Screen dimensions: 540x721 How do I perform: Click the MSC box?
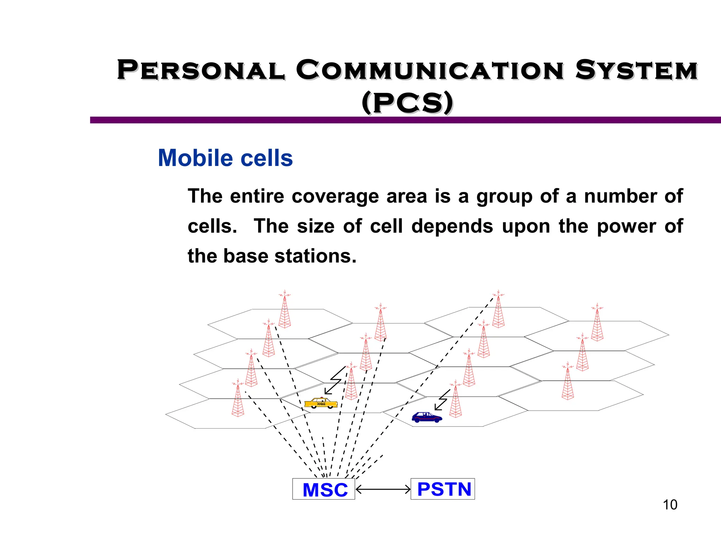coord(324,489)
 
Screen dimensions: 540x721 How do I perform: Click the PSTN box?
coord(443,489)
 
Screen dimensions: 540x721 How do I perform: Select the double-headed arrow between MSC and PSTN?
coord(383,489)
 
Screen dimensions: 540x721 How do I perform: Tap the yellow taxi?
coord(321,403)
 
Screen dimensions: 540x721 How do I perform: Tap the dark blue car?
coord(427,417)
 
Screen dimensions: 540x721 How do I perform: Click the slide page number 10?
coord(670,505)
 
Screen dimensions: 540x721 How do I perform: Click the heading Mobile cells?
coord(225,158)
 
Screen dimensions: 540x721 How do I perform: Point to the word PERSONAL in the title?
coord(201,70)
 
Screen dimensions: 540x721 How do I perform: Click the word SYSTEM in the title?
coord(637,70)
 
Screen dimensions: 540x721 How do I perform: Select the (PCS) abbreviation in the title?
coord(407,103)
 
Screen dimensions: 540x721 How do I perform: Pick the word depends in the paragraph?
coord(452,226)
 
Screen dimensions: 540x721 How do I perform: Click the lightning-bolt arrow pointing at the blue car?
coord(442,400)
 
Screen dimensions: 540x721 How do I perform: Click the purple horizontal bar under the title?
coord(405,120)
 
